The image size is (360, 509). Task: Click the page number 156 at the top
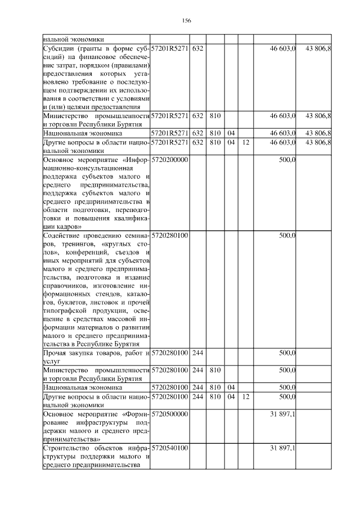pos(187,21)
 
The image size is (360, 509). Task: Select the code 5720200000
pos(170,160)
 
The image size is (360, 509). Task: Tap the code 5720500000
pos(170,413)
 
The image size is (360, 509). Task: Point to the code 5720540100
pos(170,448)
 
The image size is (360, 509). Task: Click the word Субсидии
pos(60,49)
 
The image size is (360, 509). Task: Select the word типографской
pos(65,310)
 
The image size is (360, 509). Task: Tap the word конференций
pos(89,253)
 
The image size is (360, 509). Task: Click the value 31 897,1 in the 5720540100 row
pos(283,448)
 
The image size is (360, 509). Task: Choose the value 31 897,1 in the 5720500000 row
pos(283,413)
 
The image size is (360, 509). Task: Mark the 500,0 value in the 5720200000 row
pos(287,160)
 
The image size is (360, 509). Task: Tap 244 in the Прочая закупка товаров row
pos(197,353)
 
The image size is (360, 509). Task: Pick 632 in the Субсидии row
pos(197,49)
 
